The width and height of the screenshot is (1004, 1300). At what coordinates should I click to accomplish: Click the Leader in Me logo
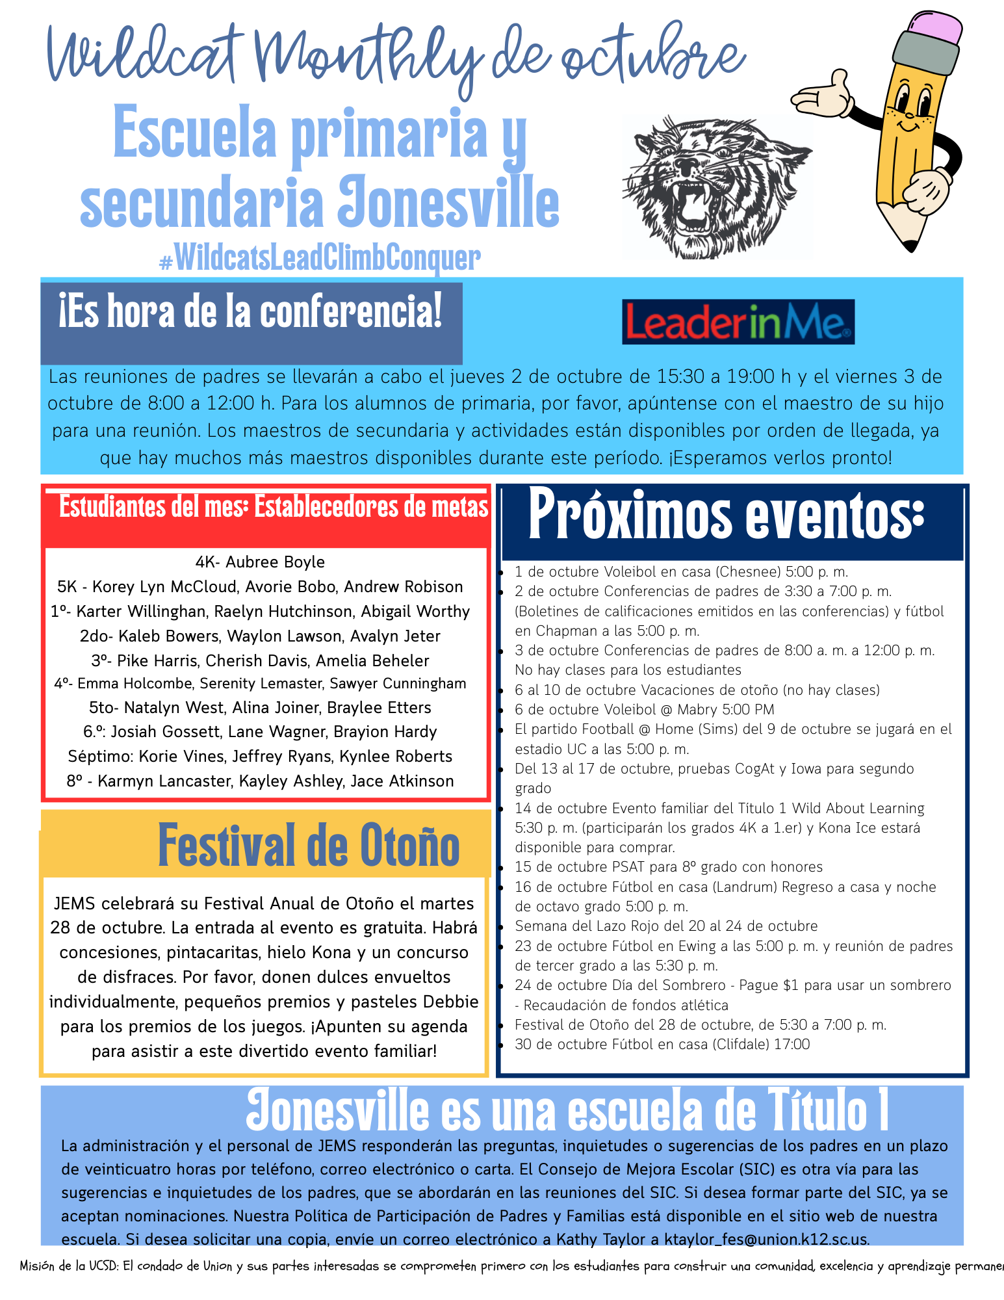(738, 322)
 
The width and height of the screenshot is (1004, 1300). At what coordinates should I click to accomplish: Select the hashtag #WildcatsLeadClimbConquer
(320, 258)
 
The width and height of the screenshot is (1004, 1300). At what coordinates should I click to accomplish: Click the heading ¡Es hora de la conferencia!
(250, 313)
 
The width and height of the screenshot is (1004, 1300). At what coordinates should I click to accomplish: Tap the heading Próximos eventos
(726, 517)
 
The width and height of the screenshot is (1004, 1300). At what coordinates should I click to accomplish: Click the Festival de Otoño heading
(309, 846)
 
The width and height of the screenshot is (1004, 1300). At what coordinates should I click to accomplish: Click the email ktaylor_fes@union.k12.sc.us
(766, 1238)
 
